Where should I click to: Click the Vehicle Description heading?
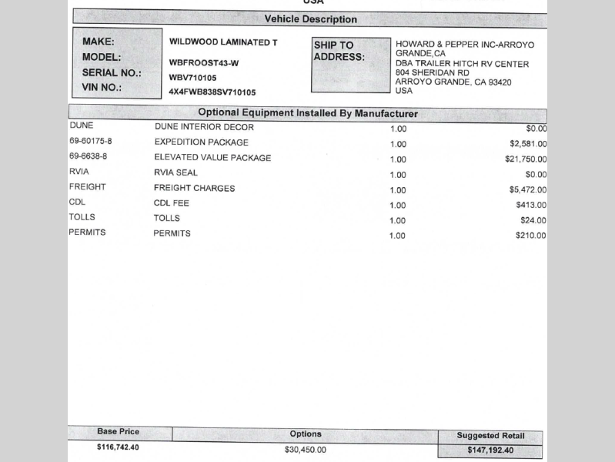310,18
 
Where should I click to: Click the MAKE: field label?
98,42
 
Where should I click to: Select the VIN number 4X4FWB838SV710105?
212,92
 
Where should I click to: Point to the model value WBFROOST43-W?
204,62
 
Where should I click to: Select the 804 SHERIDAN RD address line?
433,72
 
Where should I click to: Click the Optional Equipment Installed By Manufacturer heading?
308,113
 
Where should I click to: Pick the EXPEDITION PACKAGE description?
202,142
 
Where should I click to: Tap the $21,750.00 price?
526,159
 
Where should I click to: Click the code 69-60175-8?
90,142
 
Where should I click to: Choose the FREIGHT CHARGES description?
195,188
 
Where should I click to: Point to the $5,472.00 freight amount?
528,189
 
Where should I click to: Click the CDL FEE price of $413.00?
531,205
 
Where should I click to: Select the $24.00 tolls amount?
533,220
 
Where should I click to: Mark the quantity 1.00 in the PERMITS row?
398,236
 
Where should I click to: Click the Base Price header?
119,432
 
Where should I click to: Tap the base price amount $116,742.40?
119,447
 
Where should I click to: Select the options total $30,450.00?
306,450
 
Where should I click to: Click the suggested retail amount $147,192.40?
490,450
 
